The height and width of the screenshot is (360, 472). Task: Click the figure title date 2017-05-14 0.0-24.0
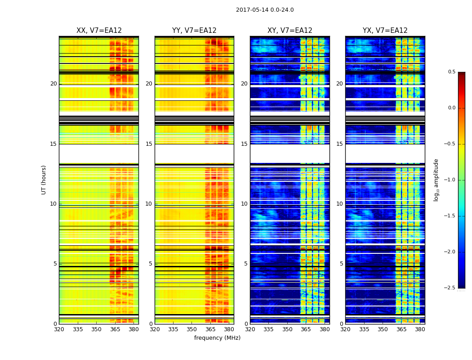pos(265,10)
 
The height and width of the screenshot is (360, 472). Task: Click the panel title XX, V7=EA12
pos(99,31)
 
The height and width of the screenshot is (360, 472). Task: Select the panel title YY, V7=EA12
pos(194,31)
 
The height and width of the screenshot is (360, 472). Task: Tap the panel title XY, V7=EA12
pos(290,31)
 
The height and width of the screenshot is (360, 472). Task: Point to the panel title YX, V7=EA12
pos(385,31)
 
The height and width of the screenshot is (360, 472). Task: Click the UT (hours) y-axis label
pos(44,180)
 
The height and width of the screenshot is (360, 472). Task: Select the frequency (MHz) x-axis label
pos(217,338)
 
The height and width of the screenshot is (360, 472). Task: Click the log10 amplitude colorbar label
pos(436,180)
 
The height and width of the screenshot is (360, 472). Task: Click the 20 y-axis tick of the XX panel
pos(53,84)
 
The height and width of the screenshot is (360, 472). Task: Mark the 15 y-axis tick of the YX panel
pos(340,144)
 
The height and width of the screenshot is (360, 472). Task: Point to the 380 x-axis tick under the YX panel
pos(420,329)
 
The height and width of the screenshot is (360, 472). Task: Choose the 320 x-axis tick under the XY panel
pos(250,329)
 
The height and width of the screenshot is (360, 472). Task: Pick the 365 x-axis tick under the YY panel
pos(211,329)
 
